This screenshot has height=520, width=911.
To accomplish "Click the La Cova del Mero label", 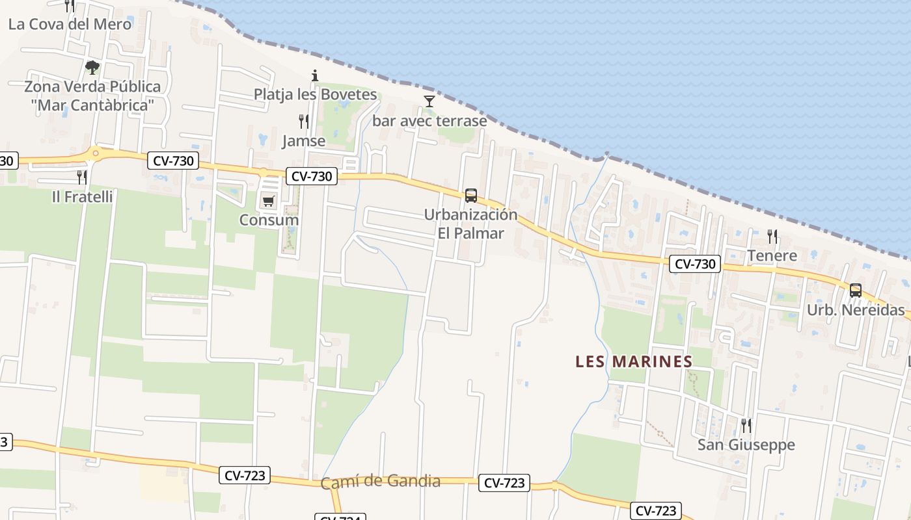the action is coord(70,24).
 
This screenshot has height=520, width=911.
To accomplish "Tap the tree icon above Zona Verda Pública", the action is coord(92,67).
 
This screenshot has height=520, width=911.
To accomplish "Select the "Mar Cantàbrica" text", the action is coord(92,105).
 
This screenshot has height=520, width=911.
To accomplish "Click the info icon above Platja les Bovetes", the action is coord(315,76).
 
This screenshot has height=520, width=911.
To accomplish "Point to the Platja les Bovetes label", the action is coord(315,94).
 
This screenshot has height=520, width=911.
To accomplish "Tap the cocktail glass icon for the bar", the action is coord(429,101).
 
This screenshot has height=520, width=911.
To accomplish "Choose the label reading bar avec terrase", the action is coord(429,121).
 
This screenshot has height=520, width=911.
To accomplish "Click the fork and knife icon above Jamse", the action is coord(303,121).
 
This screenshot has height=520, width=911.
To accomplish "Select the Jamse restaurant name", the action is coord(303,141).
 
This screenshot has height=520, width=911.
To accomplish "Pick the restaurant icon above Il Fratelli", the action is coord(82,177).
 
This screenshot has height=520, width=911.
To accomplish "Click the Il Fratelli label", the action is coord(82,196).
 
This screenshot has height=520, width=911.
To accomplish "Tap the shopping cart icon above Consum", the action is coord(268,201).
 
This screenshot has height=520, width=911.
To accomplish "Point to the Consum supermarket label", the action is coord(269,220).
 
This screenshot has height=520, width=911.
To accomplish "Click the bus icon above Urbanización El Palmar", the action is coord(470,195).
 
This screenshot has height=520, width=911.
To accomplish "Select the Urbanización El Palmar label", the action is coord(470,224).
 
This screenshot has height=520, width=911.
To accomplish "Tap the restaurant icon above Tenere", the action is coord(772,236).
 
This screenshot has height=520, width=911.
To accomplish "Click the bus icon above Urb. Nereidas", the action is coord(855,291).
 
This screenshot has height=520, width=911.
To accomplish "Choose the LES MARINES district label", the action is coord(634,362).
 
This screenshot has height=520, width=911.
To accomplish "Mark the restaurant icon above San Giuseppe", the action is coord(746,426).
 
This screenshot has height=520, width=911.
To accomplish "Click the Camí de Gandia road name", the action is coord(380,482).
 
